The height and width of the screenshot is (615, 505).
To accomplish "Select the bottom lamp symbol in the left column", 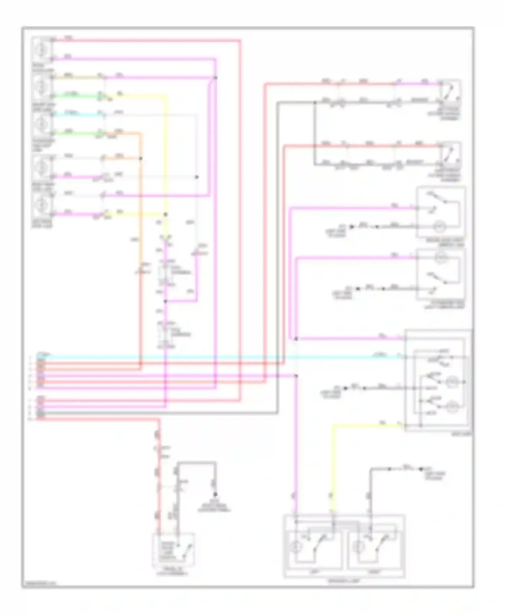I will [42, 204].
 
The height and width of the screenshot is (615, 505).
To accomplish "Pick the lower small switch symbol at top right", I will [450, 153].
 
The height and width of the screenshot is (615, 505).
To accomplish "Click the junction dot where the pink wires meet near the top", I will [215, 78].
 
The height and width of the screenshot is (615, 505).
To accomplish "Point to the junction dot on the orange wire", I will [141, 158].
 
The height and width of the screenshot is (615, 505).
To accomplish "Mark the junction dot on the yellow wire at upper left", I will [165, 214].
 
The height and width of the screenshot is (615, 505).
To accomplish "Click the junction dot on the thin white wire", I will [197, 177].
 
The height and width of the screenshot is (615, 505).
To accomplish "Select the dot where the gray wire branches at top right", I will [315, 102].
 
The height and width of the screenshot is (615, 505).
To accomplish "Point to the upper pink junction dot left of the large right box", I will [296, 339].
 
